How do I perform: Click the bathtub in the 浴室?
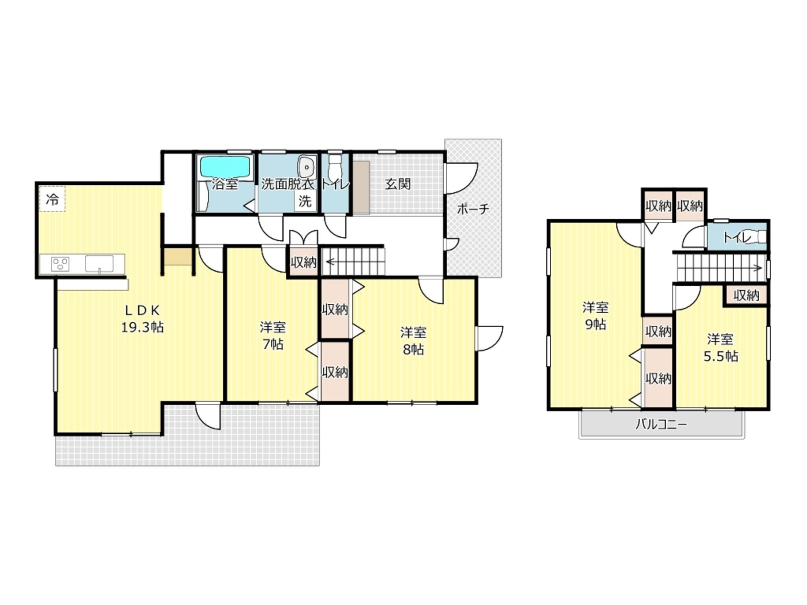tap(226, 167)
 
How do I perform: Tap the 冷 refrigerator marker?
tap(52, 199)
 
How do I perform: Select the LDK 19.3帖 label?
tap(142, 319)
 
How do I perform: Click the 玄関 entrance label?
tap(398, 184)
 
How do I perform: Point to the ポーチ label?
tap(473, 209)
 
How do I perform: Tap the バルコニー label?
tap(661, 424)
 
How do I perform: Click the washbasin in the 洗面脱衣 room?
tap(306, 167)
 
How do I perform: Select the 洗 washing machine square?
tap(305, 201)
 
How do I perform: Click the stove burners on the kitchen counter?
tap(60, 264)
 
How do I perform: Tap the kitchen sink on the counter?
tap(99, 264)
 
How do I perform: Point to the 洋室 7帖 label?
tap(273, 336)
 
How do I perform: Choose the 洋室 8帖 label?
tap(413, 341)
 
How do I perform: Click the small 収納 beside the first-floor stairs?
tap(303, 262)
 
